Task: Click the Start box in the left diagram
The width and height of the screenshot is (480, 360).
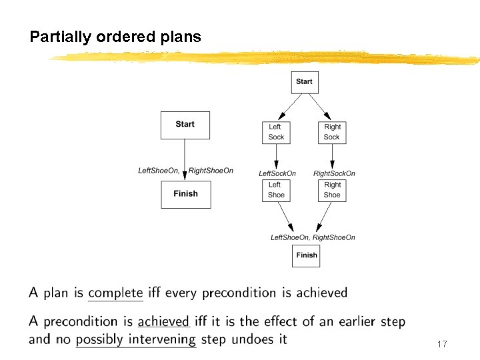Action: pyautogui.click(x=185, y=125)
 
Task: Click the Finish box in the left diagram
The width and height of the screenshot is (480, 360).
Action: pyautogui.click(x=185, y=194)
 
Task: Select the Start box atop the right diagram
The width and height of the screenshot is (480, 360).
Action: pyautogui.click(x=304, y=82)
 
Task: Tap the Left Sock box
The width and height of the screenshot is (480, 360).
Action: pyautogui.click(x=275, y=132)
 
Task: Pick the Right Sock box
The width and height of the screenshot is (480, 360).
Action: pyautogui.click(x=332, y=132)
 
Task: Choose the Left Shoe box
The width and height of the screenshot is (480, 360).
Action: pyautogui.click(x=275, y=190)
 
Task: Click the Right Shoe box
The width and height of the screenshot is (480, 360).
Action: pyautogui.click(x=332, y=190)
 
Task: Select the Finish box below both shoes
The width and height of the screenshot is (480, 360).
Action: pyautogui.click(x=306, y=255)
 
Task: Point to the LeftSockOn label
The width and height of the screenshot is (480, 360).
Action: pyautogui.click(x=277, y=174)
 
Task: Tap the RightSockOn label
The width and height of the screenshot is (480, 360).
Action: pyautogui.click(x=334, y=174)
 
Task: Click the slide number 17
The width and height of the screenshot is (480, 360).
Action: pyautogui.click(x=441, y=344)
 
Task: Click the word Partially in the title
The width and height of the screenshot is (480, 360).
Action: pyautogui.click(x=60, y=37)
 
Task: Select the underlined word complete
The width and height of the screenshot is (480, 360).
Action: pyautogui.click(x=115, y=293)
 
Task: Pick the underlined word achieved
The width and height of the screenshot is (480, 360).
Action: pyautogui.click(x=163, y=322)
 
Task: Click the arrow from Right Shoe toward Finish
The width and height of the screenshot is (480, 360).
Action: pyautogui.click(x=325, y=217)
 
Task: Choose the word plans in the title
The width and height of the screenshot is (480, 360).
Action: pyautogui.click(x=181, y=37)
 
